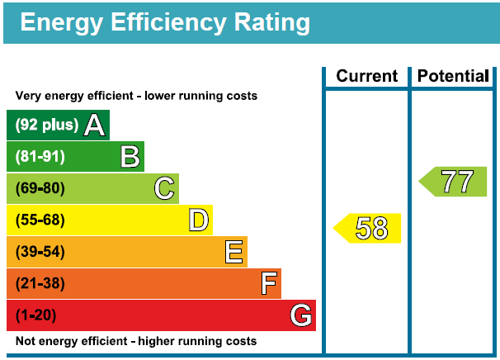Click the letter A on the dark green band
click(95, 126)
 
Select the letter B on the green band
click(130, 157)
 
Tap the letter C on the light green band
click(164, 189)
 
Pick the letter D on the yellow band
click(198, 220)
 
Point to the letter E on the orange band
click(234, 252)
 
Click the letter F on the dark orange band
click(268, 283)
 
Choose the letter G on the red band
click(301, 315)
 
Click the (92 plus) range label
click(46, 126)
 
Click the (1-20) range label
click(36, 315)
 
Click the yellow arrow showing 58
click(368, 228)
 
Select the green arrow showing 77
click(454, 182)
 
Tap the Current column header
click(366, 77)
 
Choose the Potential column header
click(453, 77)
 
